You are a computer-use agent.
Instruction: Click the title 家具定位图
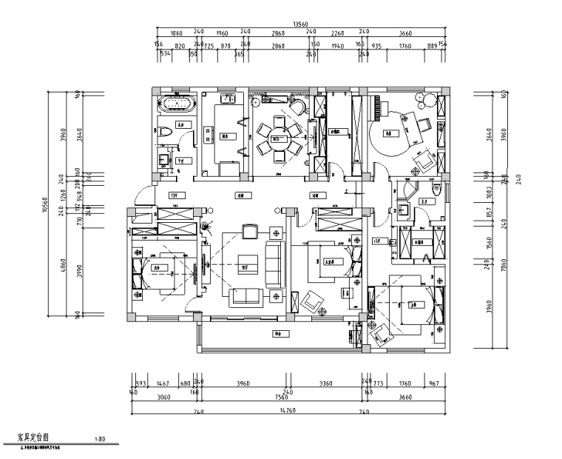click(27, 438)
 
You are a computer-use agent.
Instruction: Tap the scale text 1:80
click(103, 439)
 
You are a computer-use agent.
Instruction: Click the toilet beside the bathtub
click(166, 131)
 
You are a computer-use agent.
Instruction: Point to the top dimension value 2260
click(337, 33)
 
